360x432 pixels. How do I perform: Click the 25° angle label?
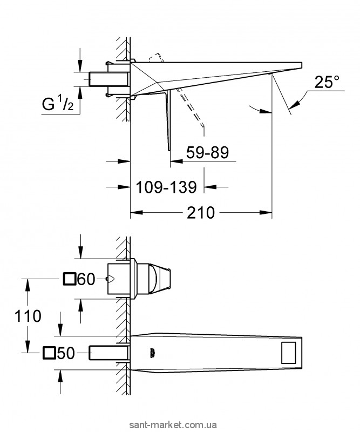(x=327, y=82)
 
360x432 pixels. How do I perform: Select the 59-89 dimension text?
(x=207, y=152)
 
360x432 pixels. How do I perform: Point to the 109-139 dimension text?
(x=166, y=187)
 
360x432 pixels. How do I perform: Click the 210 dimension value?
(x=201, y=213)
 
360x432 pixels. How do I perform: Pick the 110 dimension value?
(x=28, y=316)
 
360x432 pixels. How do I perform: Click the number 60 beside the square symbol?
(x=86, y=279)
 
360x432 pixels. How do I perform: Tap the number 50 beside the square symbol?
(x=66, y=353)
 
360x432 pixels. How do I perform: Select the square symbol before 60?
(x=70, y=279)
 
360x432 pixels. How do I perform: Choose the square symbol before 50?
(x=49, y=353)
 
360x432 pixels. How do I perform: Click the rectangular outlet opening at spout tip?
(x=288, y=353)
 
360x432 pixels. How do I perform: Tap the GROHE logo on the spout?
(x=154, y=353)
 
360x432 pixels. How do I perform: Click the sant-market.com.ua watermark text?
(x=182, y=424)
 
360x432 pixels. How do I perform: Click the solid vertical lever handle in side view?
(x=167, y=121)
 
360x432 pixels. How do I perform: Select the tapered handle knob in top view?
(x=160, y=279)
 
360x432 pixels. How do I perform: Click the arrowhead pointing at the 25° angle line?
(x=294, y=105)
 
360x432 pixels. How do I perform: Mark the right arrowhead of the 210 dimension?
(x=266, y=212)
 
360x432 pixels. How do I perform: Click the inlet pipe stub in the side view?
(x=109, y=79)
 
